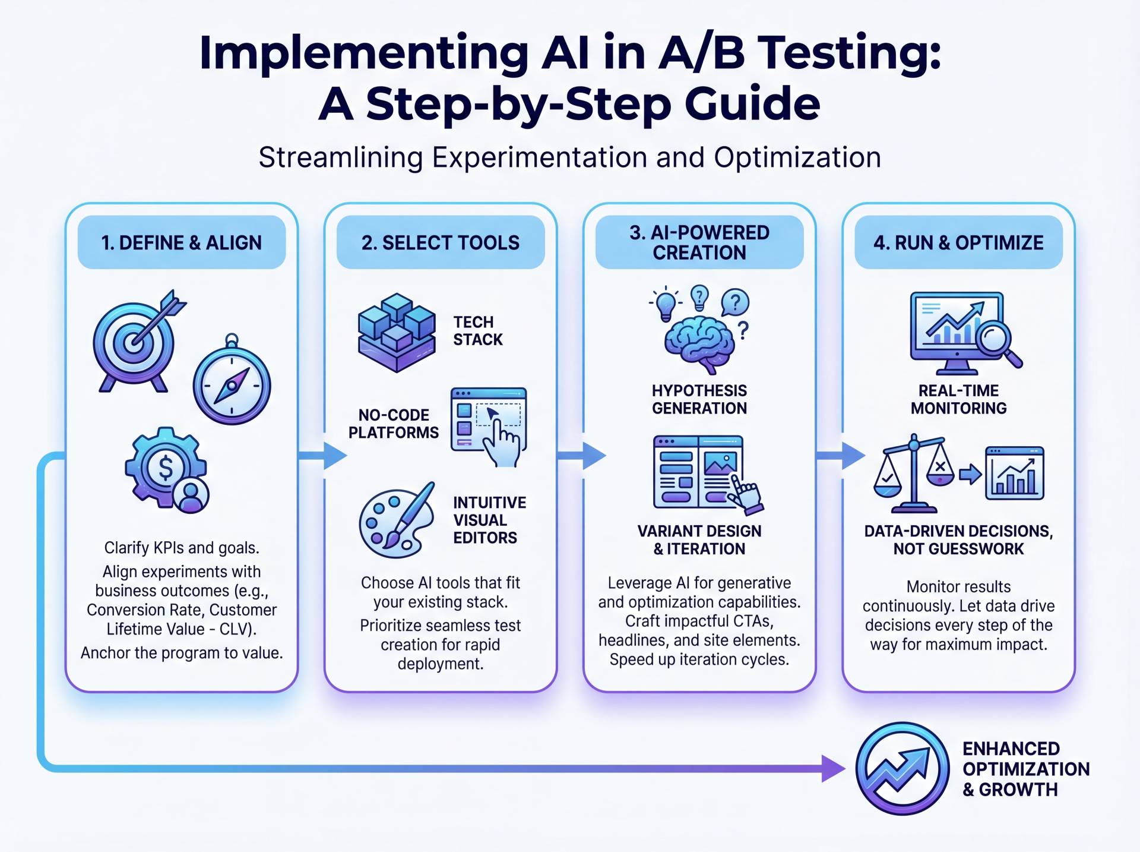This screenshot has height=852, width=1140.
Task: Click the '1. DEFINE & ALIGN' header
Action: (181, 242)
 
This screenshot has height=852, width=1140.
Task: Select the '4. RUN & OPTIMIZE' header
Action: (958, 242)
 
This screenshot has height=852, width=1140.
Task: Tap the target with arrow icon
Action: (135, 342)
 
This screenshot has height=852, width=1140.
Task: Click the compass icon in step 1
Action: (232, 384)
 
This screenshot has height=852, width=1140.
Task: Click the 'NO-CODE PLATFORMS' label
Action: (393, 424)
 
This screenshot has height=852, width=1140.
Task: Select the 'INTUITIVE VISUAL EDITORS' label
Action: (489, 520)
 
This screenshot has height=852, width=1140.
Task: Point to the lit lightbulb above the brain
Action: (666, 304)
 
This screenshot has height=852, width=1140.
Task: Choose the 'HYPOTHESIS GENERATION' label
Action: (699, 399)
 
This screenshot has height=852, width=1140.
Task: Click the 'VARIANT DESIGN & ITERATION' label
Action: (699, 539)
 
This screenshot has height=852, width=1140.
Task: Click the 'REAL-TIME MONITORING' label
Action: (958, 399)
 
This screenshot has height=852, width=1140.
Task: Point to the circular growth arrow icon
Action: (901, 768)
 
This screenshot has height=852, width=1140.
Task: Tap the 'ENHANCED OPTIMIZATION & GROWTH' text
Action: (1025, 769)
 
